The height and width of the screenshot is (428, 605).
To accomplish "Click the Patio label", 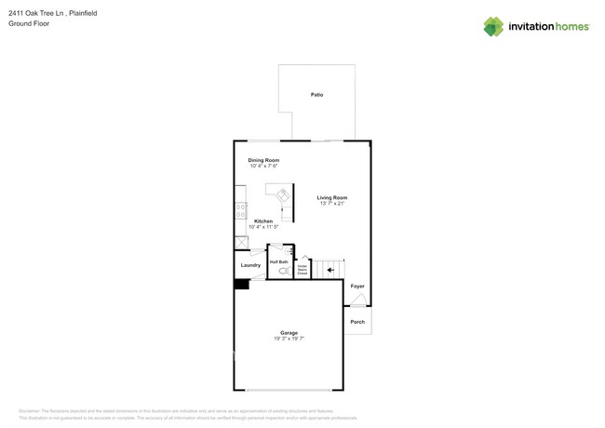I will pos(316,95).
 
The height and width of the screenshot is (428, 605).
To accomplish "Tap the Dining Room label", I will pos(263,160).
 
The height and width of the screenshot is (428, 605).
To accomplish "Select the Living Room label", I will pos(331,197).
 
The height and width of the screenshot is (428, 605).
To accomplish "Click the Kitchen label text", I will pos(263,221).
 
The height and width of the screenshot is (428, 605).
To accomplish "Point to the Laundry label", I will pos(250,265).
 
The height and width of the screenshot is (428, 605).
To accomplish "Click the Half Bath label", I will pos(278,262).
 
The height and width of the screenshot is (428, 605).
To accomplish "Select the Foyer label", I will pos(357,286).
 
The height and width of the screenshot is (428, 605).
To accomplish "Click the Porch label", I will pos(357,322).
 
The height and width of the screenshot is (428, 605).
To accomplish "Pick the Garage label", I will pos(289,332).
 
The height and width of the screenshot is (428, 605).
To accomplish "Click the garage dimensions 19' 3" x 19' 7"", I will pos(289,339).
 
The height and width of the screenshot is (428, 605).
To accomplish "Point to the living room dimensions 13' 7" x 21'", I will pos(331,203).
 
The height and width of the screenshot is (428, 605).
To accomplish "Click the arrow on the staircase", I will pos(331,270).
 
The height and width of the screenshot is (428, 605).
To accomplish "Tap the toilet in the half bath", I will pos(283,272).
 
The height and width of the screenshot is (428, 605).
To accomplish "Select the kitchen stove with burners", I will pos(240,211).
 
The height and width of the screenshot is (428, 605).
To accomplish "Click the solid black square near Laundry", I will pos(240,284).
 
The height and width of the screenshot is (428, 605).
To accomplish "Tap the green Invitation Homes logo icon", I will pos(493,26).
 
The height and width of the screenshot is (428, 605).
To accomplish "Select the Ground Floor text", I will pos(29,24).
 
